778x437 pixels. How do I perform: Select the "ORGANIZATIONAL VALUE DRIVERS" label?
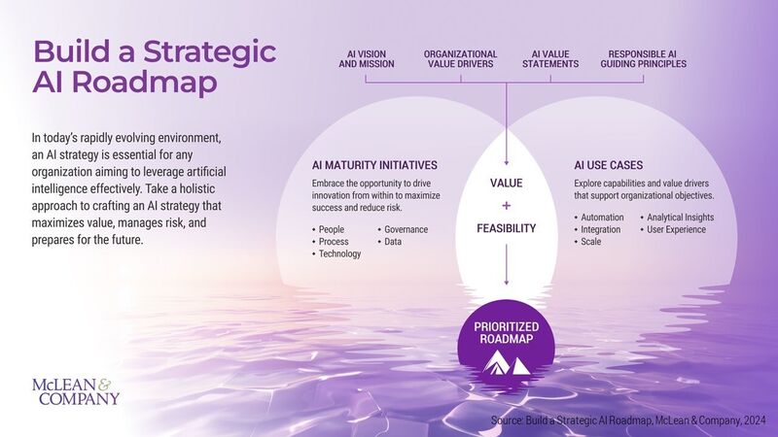460,59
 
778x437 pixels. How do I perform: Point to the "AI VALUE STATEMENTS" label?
550,59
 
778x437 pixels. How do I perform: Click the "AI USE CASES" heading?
608,164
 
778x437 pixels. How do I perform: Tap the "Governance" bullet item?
405,229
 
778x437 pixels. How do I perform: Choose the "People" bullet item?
333,229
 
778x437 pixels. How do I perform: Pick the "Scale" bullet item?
590,241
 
